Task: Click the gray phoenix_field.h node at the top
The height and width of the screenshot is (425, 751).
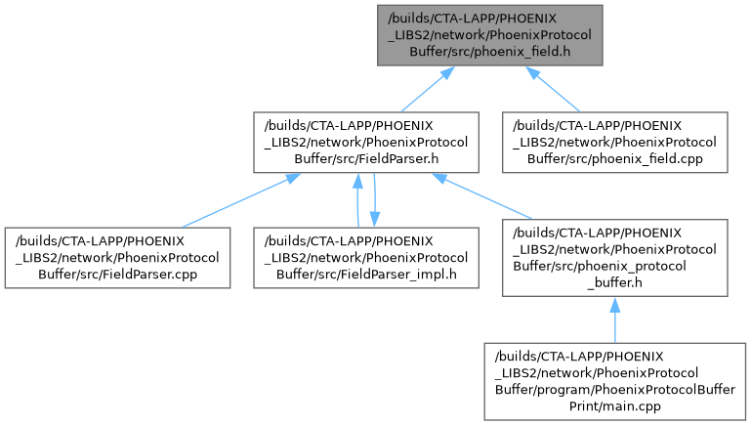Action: click(x=490, y=34)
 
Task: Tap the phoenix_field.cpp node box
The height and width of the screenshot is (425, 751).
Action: click(x=614, y=143)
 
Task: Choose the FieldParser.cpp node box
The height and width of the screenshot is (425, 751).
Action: click(x=116, y=257)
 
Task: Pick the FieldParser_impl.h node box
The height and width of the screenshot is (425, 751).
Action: click(x=364, y=257)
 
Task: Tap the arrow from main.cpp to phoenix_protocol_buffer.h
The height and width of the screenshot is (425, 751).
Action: click(x=614, y=318)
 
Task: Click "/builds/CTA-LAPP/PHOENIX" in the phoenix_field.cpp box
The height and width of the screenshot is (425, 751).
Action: click(x=614, y=126)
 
